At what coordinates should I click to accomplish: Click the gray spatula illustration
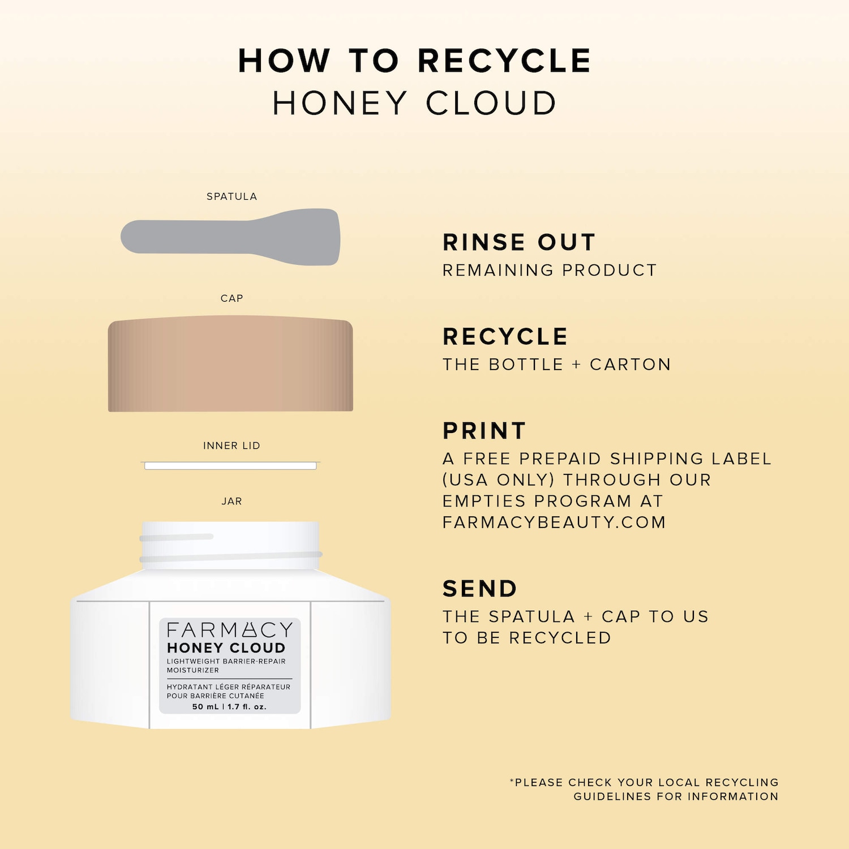230,237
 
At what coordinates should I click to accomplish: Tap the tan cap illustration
230,363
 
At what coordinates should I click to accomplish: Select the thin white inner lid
230,466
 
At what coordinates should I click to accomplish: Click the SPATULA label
231,196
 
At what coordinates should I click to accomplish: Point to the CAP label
231,298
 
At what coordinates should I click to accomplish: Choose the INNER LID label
231,445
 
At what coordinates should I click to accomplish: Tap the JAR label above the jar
231,501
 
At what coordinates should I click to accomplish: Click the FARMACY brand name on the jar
230,630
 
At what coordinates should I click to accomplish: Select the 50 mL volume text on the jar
205,707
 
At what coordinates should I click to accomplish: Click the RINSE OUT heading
519,242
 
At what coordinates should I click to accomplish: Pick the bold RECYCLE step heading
505,337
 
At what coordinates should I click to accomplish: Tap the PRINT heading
484,431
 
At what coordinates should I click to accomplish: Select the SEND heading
480,589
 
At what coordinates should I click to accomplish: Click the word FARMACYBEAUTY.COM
554,522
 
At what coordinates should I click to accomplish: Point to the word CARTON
630,365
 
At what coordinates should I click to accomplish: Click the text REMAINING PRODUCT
550,270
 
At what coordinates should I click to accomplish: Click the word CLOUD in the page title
491,103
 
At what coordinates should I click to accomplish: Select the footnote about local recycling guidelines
644,789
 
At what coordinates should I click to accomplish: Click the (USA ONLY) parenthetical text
499,480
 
